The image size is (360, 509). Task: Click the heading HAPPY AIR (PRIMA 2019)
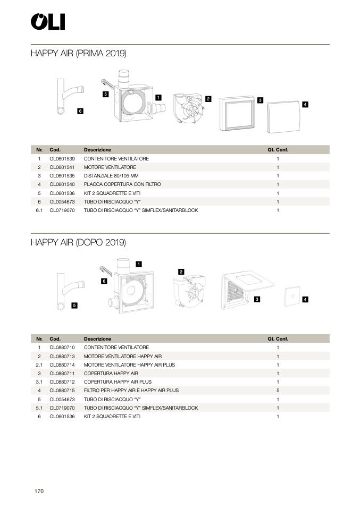click(x=78, y=53)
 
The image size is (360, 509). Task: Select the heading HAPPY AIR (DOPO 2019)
click(x=78, y=242)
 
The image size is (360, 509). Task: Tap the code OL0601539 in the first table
click(x=62, y=159)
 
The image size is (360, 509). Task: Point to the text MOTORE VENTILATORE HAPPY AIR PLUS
click(x=129, y=365)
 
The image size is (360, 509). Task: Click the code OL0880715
click(x=62, y=391)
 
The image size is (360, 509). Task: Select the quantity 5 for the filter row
click(x=278, y=391)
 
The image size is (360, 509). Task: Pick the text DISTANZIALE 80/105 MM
click(x=111, y=176)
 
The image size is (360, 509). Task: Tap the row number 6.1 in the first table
click(x=39, y=210)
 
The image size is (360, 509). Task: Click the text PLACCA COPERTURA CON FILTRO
click(x=122, y=184)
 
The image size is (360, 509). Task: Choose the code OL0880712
click(x=62, y=382)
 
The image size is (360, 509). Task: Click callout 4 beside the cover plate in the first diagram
click(x=305, y=105)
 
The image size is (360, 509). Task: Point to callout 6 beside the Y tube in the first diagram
click(x=80, y=111)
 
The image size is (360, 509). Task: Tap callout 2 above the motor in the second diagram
click(x=181, y=272)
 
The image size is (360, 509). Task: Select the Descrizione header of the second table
click(x=97, y=338)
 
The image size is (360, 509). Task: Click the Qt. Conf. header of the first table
click(x=278, y=150)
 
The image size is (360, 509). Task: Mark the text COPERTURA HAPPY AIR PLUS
click(x=118, y=382)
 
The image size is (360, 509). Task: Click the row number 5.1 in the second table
click(x=39, y=408)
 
